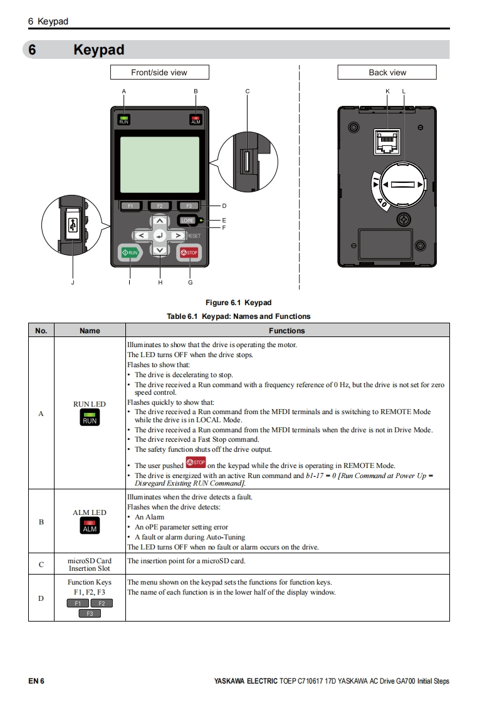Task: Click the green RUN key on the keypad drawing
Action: (x=130, y=253)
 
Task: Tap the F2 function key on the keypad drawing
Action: (x=159, y=206)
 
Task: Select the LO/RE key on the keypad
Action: (x=187, y=221)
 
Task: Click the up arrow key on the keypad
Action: (x=160, y=221)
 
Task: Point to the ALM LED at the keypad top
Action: (x=196, y=120)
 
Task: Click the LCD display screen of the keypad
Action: (x=159, y=164)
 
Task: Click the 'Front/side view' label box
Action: (x=159, y=73)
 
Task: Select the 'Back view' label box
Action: (x=387, y=73)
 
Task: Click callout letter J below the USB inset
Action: (x=72, y=283)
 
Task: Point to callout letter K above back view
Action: (x=387, y=91)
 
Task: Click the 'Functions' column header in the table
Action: (x=287, y=330)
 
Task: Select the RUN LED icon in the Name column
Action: (x=90, y=418)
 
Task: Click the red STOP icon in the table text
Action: (x=196, y=463)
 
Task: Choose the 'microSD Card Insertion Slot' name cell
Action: (x=90, y=564)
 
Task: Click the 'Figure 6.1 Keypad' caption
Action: (x=238, y=303)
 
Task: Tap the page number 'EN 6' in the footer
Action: (x=36, y=681)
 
